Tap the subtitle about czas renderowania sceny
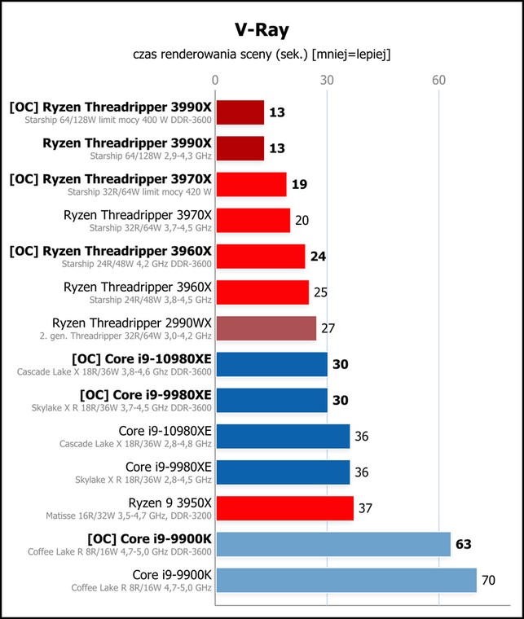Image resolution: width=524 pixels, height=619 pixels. coord(262,55)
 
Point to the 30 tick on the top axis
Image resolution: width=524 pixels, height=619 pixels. coord(327,80)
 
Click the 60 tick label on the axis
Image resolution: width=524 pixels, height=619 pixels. coord(438,80)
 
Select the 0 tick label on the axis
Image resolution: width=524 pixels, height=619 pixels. coord(215,80)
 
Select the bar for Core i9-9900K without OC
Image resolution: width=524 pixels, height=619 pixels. coord(346,581)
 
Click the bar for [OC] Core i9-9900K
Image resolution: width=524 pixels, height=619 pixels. coord(332,544)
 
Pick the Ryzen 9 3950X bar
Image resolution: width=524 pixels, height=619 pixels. coord(284,508)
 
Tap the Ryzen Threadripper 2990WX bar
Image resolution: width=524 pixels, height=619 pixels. coord(266,328)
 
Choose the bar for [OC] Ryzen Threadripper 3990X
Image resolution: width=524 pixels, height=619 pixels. coord(240,112)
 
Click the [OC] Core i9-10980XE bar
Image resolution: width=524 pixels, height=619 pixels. coord(271,364)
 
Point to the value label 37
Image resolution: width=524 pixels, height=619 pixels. coord(365,508)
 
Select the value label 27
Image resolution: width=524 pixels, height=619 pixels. coord(328,328)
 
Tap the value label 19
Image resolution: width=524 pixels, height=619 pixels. coord(298,184)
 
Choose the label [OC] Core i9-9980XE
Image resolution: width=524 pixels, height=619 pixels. coord(142,394)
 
